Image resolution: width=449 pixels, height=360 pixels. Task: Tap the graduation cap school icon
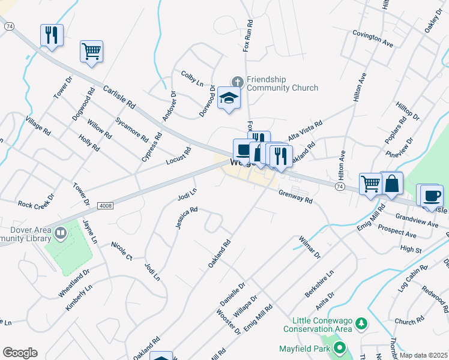coord(229,98)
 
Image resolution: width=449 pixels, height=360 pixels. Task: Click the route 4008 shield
coord(104,205)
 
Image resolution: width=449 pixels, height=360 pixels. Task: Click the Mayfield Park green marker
coord(340,348)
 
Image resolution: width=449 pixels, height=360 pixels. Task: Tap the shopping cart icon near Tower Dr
coord(91,51)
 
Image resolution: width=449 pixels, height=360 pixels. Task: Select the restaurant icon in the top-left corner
coord(52,35)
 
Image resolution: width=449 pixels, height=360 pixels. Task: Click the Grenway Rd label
coord(295,197)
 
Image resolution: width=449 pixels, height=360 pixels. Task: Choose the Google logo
coord(20,353)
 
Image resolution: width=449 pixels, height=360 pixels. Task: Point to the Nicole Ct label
coord(122,251)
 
